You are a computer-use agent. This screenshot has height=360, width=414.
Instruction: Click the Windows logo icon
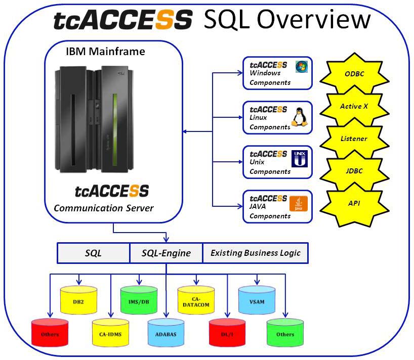[302, 67]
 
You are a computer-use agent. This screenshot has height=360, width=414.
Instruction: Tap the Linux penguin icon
[300, 117]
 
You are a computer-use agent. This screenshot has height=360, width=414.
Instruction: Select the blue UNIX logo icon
[300, 159]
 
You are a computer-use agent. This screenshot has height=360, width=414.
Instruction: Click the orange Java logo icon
[299, 204]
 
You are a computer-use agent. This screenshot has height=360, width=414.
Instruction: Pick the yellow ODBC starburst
[354, 74]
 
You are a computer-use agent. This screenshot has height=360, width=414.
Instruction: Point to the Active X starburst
[354, 106]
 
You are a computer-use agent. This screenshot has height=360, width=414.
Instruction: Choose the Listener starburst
[354, 139]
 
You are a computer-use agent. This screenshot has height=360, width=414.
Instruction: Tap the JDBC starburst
[354, 171]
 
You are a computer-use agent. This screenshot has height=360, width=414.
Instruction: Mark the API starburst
[354, 203]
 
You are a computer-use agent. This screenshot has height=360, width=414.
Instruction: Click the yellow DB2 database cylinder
[78, 300]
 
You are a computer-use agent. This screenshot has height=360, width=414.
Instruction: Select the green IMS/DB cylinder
[139, 300]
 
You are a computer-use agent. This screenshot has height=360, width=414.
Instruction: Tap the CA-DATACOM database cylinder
[196, 300]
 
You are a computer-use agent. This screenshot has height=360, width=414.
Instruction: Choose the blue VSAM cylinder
[257, 300]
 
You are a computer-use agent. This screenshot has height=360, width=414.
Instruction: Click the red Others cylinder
[50, 333]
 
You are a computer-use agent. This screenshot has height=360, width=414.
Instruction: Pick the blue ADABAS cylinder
[166, 333]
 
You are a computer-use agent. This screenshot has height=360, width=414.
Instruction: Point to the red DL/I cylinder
[227, 333]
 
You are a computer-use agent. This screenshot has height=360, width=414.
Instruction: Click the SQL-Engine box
[167, 253]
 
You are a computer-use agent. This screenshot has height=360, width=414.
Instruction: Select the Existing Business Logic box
[255, 253]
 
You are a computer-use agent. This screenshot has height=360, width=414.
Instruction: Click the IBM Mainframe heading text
[105, 52]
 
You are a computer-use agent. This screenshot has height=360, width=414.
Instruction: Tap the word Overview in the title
[314, 19]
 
